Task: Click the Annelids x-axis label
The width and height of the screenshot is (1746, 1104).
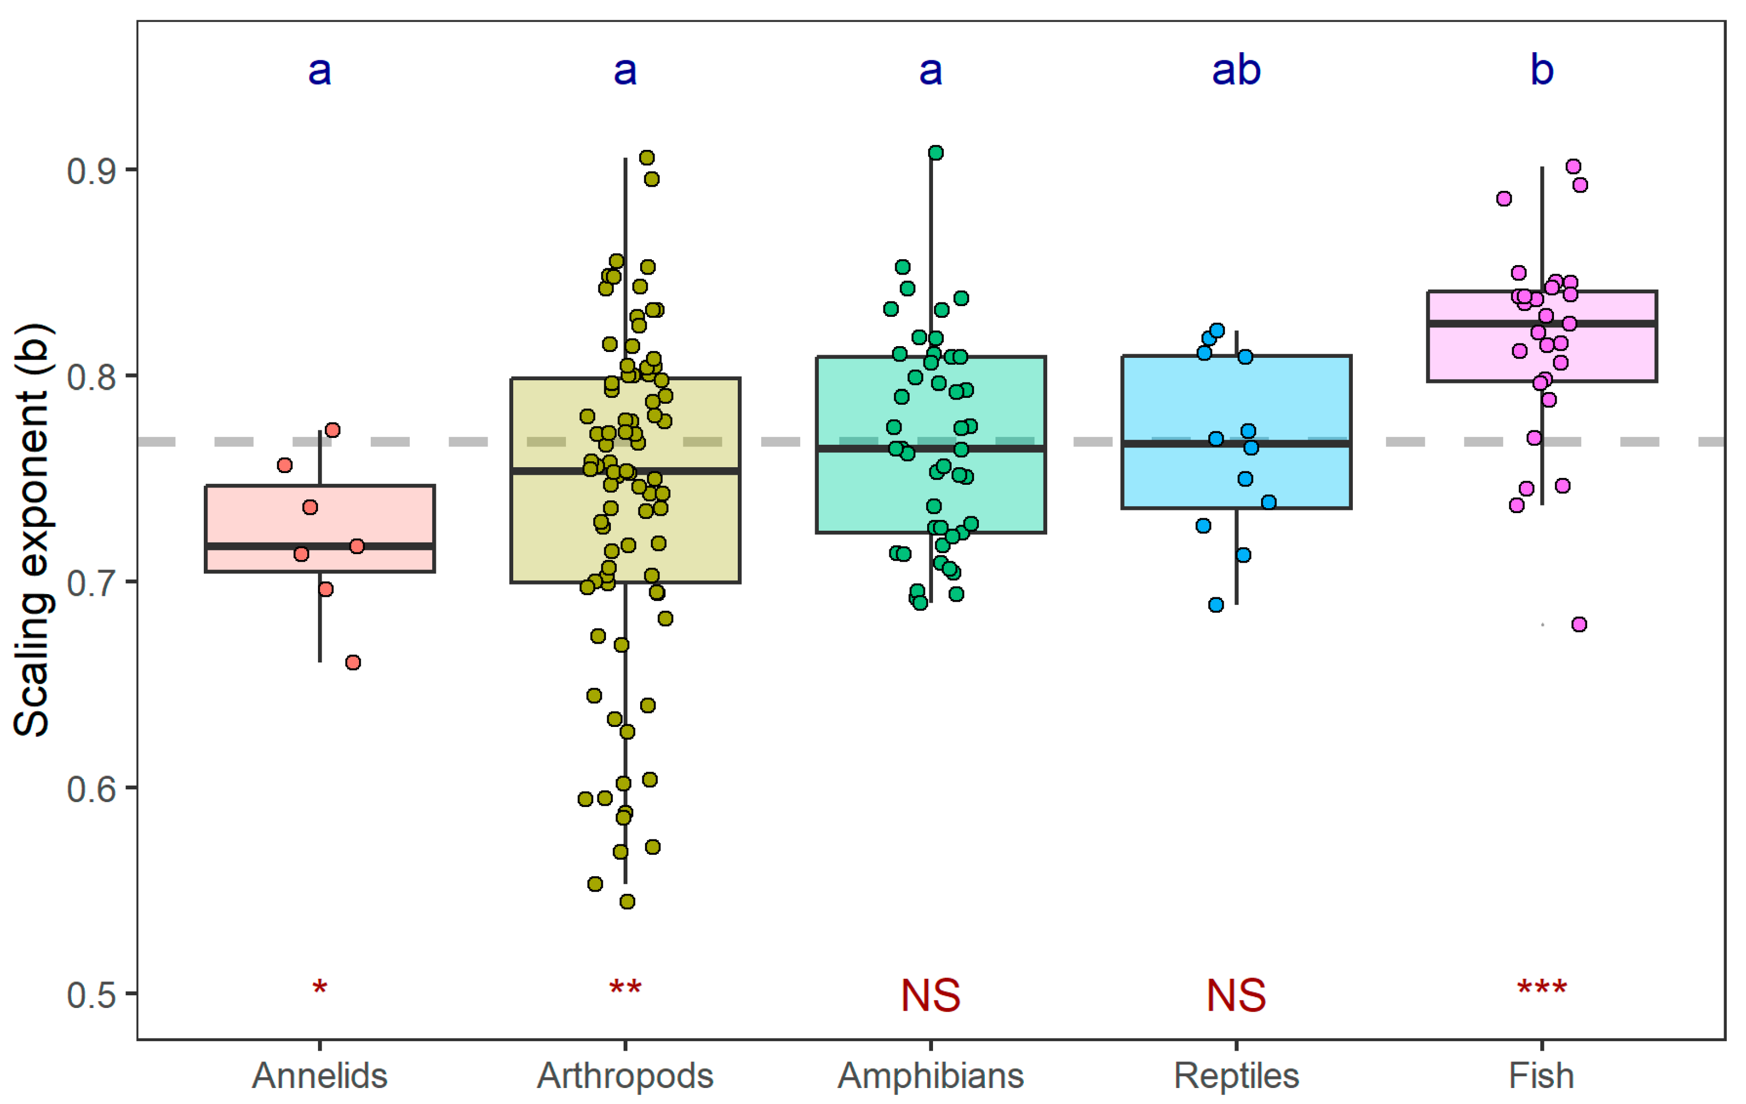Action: click(x=319, y=1076)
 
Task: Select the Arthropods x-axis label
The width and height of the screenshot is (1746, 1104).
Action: click(x=625, y=1076)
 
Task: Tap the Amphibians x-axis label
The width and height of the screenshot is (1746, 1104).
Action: click(x=930, y=1076)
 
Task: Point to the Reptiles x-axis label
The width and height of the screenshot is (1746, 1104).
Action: click(x=1236, y=1076)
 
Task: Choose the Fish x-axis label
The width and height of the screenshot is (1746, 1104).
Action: click(x=1542, y=1076)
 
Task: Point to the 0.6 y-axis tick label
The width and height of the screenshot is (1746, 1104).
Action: click(x=91, y=789)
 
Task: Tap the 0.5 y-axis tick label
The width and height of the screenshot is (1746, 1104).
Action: click(x=91, y=995)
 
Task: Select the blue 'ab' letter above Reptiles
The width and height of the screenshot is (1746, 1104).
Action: click(x=1236, y=70)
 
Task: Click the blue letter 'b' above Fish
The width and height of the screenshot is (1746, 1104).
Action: click(x=1542, y=70)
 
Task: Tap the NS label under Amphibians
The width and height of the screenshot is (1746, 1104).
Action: click(x=930, y=995)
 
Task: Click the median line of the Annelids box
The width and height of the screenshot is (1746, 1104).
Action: click(x=320, y=546)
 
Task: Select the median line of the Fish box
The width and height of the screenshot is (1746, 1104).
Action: click(x=1542, y=323)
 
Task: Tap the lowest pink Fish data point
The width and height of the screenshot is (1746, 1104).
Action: click(x=1579, y=624)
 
